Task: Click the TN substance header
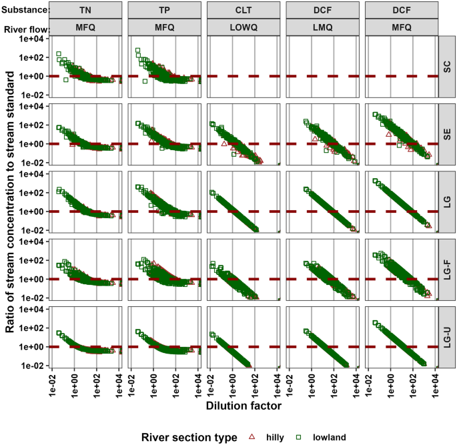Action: (x=85, y=11)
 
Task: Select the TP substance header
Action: (x=164, y=11)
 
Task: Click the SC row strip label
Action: (x=447, y=69)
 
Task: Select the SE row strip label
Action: (x=447, y=137)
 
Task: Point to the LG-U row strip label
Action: (x=447, y=340)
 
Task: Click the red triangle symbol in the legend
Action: (x=253, y=437)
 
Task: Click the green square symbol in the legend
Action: (x=300, y=437)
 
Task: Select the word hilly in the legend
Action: (x=274, y=437)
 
